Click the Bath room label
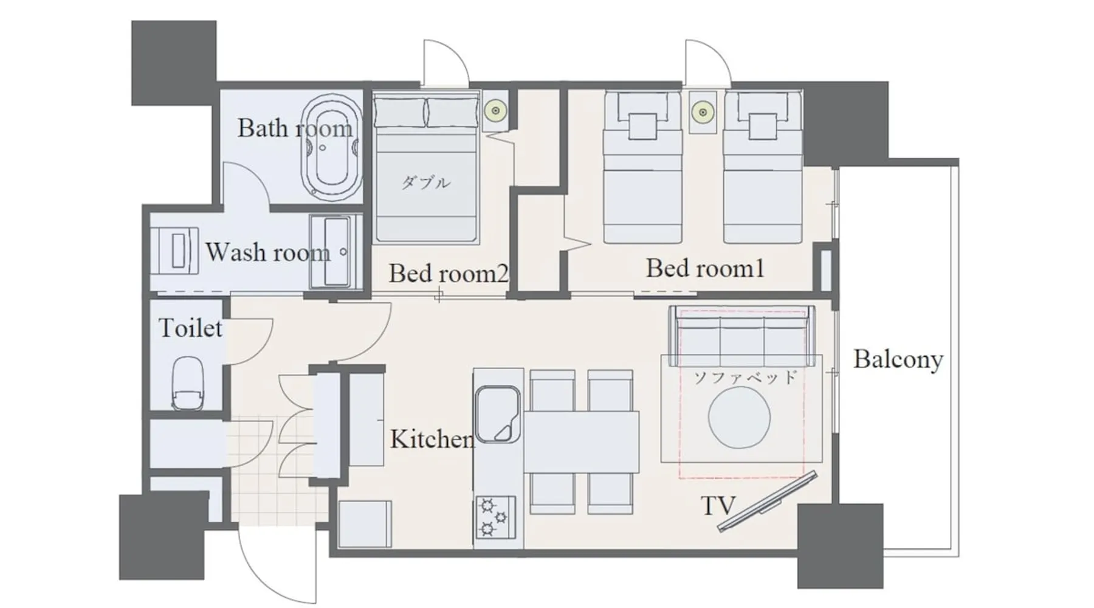295,128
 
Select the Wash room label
268,252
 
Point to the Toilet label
190,328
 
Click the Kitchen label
432,439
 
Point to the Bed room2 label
449,274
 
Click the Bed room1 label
705,268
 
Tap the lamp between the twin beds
703,112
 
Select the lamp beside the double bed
496,111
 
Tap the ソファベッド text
745,378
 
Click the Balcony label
898,359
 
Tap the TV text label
718,506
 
